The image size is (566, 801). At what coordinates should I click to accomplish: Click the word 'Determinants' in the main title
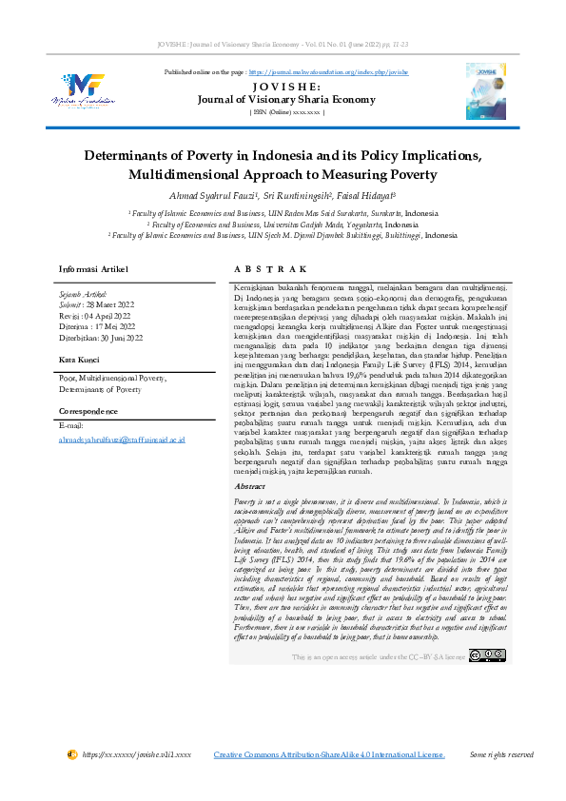pos(132,155)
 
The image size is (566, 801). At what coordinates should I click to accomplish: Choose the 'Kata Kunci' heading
pos(81,360)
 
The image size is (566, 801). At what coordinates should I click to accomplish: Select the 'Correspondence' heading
pos(88,411)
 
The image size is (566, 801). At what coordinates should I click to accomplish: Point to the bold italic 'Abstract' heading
pos(249,486)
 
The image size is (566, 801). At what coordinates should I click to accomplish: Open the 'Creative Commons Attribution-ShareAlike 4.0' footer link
pos(329,754)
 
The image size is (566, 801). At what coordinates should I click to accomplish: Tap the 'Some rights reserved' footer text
pos(501,754)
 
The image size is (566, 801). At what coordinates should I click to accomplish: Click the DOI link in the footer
pos(136,754)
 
